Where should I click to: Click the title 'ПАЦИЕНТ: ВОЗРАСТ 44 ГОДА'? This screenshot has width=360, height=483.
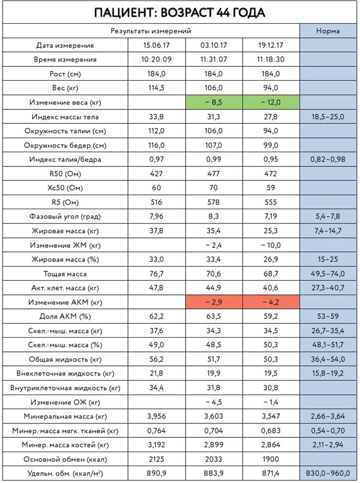pyautogui.click(x=179, y=12)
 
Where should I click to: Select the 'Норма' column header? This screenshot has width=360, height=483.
pyautogui.click(x=328, y=31)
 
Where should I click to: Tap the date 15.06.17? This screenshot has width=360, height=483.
pyautogui.click(x=156, y=45)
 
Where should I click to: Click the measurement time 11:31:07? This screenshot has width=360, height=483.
pyautogui.click(x=213, y=60)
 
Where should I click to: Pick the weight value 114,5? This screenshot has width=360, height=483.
pyautogui.click(x=156, y=88)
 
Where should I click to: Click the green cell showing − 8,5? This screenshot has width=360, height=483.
pyautogui.click(x=213, y=102)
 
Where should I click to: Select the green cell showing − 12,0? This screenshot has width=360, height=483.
pyautogui.click(x=271, y=102)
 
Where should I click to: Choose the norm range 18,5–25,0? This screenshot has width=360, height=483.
pyautogui.click(x=328, y=117)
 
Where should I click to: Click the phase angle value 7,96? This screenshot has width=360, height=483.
pyautogui.click(x=156, y=216)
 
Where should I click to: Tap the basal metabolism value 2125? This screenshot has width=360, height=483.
pyautogui.click(x=156, y=458)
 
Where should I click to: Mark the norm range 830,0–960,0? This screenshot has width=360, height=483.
pyautogui.click(x=328, y=472)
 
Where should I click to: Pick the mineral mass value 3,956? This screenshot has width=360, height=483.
pyautogui.click(x=156, y=415)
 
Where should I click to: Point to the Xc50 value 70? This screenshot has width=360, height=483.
pyautogui.click(x=213, y=188)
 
